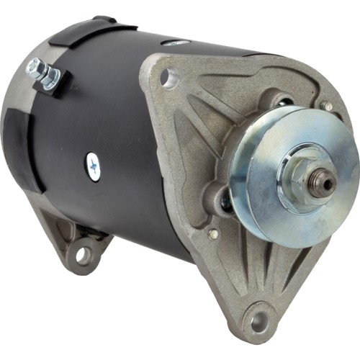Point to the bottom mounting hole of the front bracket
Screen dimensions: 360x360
tap(256, 317)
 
